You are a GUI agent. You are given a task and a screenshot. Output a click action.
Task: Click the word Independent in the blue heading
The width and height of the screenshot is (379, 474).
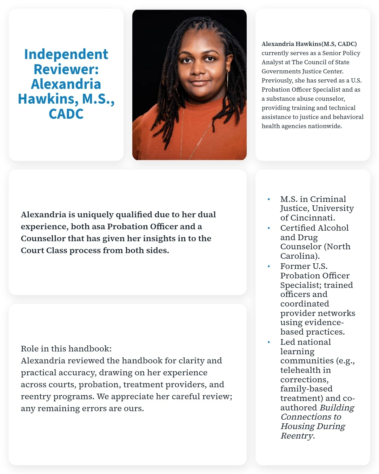[66, 54]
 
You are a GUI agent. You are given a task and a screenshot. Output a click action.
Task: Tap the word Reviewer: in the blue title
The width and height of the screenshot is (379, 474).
[66, 69]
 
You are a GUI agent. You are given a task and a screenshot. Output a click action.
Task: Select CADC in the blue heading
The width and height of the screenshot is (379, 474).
[66, 114]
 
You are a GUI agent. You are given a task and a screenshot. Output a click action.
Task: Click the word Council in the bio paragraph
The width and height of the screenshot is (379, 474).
[315, 62]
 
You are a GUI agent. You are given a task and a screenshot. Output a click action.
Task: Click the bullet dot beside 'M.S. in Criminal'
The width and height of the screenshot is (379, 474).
[269, 199]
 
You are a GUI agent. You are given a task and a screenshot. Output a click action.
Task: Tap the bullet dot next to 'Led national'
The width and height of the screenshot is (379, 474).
[269, 342]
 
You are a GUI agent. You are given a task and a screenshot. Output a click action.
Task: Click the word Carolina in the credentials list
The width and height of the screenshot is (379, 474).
[298, 256]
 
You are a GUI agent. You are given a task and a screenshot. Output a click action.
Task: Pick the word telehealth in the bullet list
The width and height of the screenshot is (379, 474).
[300, 370]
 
